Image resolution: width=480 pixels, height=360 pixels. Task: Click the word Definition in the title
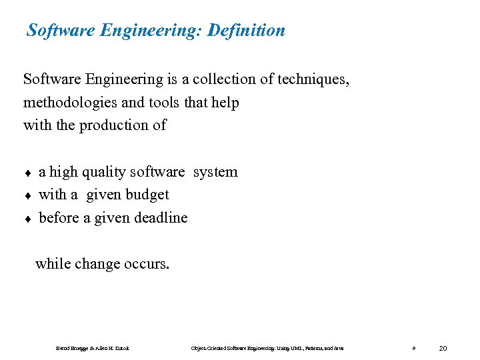(246, 30)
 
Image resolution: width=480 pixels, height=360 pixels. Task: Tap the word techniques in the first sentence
(311, 79)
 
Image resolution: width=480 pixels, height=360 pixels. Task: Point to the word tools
(155, 103)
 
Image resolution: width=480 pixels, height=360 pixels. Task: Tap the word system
(215, 172)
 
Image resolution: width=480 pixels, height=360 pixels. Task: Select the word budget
(147, 195)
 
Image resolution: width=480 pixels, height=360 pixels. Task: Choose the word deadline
(161, 217)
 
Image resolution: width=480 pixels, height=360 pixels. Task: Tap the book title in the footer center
(267, 349)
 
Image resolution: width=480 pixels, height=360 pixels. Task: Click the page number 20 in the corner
(444, 348)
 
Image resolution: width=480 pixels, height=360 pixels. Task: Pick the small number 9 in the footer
(414, 349)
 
